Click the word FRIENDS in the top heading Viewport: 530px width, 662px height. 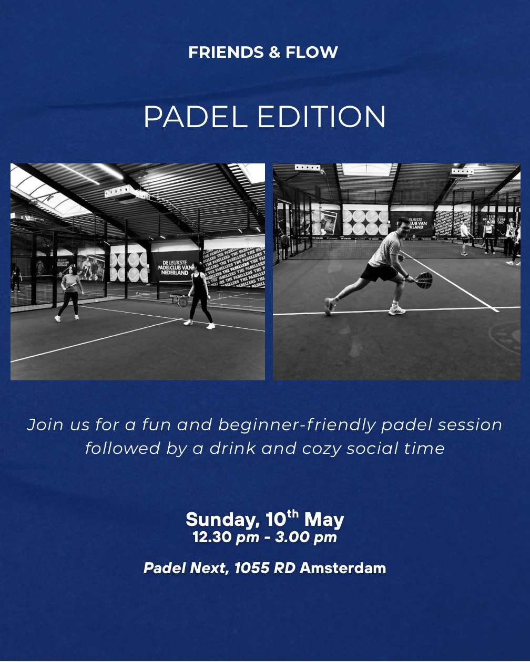point(226,53)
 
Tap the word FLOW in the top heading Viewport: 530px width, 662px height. point(311,53)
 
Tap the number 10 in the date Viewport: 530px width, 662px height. point(276,520)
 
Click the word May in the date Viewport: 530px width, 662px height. point(324,520)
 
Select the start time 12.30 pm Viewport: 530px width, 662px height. point(226,537)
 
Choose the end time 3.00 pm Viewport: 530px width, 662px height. point(306,537)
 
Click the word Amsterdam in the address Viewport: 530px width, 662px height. point(342,568)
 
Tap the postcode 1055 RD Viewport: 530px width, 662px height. point(264,568)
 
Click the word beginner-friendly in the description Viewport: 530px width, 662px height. point(297,425)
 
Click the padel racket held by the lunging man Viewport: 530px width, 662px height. point(424,280)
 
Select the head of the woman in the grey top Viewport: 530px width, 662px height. point(72,270)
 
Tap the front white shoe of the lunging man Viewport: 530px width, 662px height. point(397,311)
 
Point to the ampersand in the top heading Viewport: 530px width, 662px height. point(274,53)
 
